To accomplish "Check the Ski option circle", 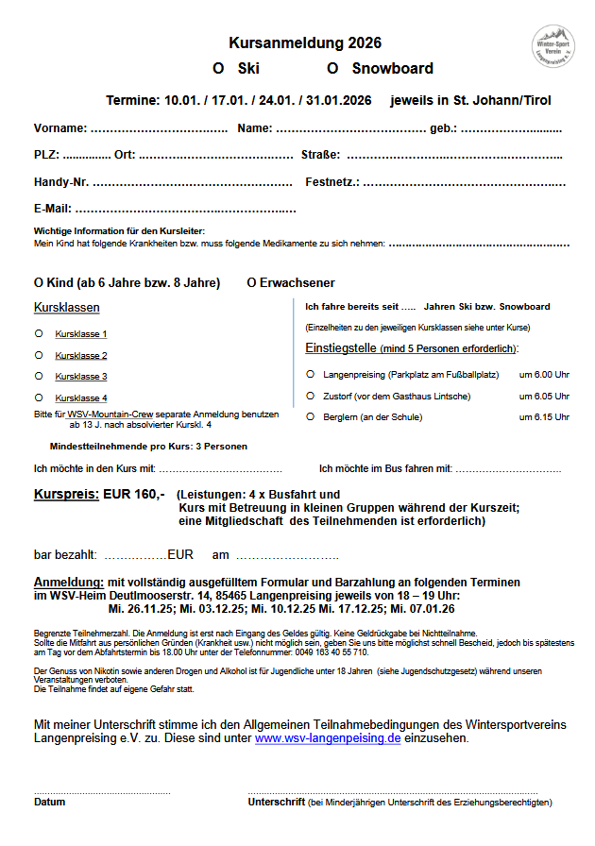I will (218, 69).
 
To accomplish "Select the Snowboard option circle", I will (332, 69).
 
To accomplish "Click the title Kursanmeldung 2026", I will (305, 43).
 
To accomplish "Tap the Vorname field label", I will (60, 128).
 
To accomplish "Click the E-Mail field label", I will (53, 209).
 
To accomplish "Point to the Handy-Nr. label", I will (61, 182).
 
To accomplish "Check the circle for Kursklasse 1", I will (39, 333).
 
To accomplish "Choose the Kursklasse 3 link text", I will (81, 377).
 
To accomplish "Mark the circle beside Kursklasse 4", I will (39, 398).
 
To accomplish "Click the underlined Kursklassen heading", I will (66, 308).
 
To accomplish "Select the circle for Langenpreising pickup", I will (311, 374).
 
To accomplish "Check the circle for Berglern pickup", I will (311, 416).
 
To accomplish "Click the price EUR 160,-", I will (134, 494).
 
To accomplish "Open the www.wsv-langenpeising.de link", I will (328, 738).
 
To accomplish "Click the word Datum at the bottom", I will (50, 803).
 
